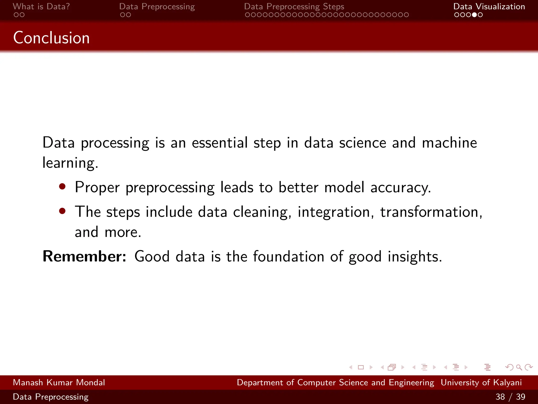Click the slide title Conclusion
pyautogui.click(x=51, y=38)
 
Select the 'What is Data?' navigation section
pyautogui.click(x=41, y=7)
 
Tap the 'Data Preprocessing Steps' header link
pyautogui.click(x=294, y=7)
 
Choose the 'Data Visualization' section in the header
pyautogui.click(x=489, y=7)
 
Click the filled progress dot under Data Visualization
pyautogui.click(x=474, y=15)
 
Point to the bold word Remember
pyautogui.click(x=84, y=256)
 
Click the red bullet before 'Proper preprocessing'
pyautogui.click(x=62, y=186)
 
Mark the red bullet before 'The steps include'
pyautogui.click(x=62, y=211)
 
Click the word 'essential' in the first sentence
pyautogui.click(x=220, y=143)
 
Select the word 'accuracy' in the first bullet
pyautogui.click(x=400, y=188)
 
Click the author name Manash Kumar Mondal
pyautogui.click(x=59, y=382)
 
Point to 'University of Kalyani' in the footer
pyautogui.click(x=481, y=382)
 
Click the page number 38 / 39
pyautogui.click(x=510, y=397)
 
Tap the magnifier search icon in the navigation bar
pyautogui.click(x=519, y=367)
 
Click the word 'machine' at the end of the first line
pyautogui.click(x=449, y=143)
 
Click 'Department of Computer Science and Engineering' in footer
pyautogui.click(x=335, y=382)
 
